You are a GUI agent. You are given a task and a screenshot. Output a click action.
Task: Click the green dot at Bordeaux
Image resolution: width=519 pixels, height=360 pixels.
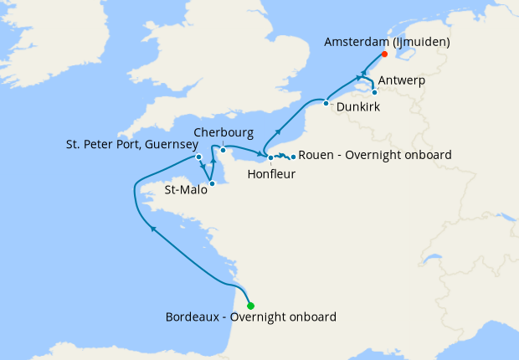coord(250,306)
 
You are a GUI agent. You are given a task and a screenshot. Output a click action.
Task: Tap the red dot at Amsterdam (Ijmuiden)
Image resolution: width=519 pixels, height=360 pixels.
coord(384,54)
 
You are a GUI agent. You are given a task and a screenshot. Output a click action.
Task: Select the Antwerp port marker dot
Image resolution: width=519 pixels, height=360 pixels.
coord(374,92)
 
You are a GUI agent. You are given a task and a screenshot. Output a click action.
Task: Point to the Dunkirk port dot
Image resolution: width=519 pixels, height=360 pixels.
coord(326,103)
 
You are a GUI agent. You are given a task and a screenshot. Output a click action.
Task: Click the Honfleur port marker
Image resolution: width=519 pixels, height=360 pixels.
coord(270,157)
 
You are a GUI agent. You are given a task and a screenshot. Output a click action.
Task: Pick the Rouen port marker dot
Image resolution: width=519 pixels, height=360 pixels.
coord(293,157)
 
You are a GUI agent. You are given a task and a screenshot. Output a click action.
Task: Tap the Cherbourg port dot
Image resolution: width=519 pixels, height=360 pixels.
coord(223,150)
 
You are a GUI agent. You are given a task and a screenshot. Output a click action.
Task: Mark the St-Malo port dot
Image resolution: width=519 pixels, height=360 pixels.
coord(212,183)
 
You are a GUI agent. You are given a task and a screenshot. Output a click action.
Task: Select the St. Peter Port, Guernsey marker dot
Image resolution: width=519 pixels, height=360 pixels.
coord(198,157)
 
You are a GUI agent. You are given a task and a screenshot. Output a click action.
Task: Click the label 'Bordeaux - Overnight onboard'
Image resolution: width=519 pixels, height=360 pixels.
coord(251,317)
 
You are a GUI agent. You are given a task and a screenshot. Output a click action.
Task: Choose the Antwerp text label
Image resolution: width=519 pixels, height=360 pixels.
coord(402,80)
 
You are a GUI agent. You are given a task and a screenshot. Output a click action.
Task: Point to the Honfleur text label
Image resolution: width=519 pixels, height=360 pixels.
coord(271,174)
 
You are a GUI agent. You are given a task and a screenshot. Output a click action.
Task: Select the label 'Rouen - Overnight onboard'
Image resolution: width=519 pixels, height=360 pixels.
coord(376,155)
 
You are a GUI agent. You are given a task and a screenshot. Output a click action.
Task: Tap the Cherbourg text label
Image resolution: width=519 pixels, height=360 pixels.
coord(224,132)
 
